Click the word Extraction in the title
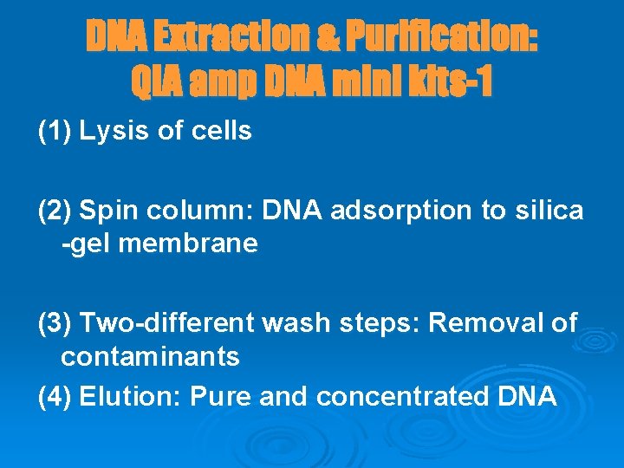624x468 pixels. (x=229, y=37)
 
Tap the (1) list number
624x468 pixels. (x=55, y=132)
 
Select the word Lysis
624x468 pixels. (x=110, y=132)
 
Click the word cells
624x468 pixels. (x=222, y=132)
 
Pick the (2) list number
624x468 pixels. (x=55, y=210)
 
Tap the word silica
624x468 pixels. (x=552, y=210)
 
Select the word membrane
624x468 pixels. (x=188, y=244)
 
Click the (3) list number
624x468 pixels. (x=55, y=323)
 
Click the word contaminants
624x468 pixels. (x=150, y=356)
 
